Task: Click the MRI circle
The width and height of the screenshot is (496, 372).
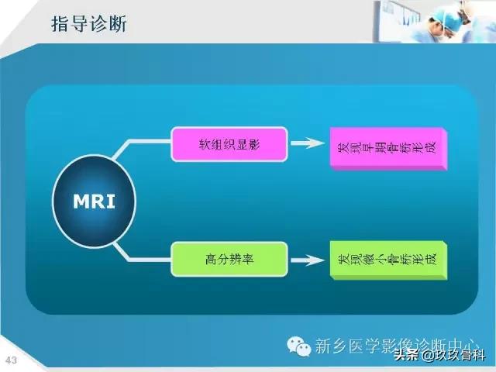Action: [x=94, y=201]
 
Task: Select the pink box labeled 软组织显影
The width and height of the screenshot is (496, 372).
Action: [x=229, y=144]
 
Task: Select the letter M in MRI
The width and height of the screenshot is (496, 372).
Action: [x=81, y=201]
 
